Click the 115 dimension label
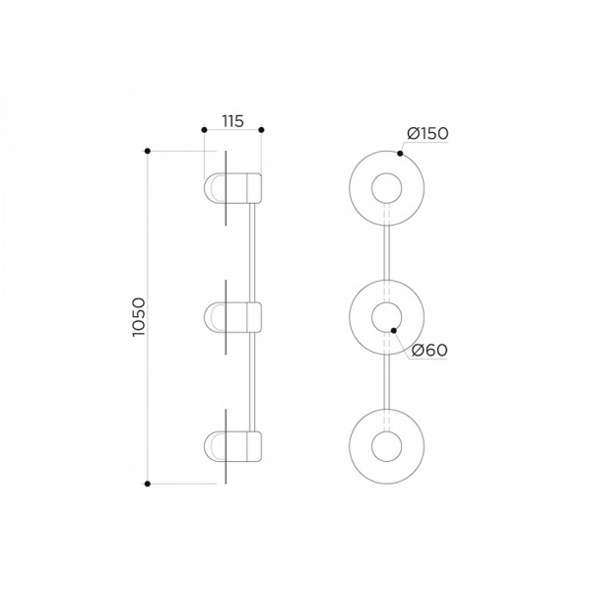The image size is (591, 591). click(232, 121)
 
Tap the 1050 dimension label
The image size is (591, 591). click(139, 317)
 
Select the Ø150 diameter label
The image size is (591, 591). click(427, 133)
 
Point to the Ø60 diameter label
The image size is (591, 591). click(429, 350)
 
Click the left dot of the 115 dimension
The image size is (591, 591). click(204, 130)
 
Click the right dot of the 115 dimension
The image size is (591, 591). click(262, 130)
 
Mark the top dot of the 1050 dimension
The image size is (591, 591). click(148, 151)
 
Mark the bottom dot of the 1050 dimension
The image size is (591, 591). click(148, 484)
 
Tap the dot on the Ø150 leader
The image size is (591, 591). click(400, 154)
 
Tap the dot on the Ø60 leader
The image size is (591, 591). click(394, 331)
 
